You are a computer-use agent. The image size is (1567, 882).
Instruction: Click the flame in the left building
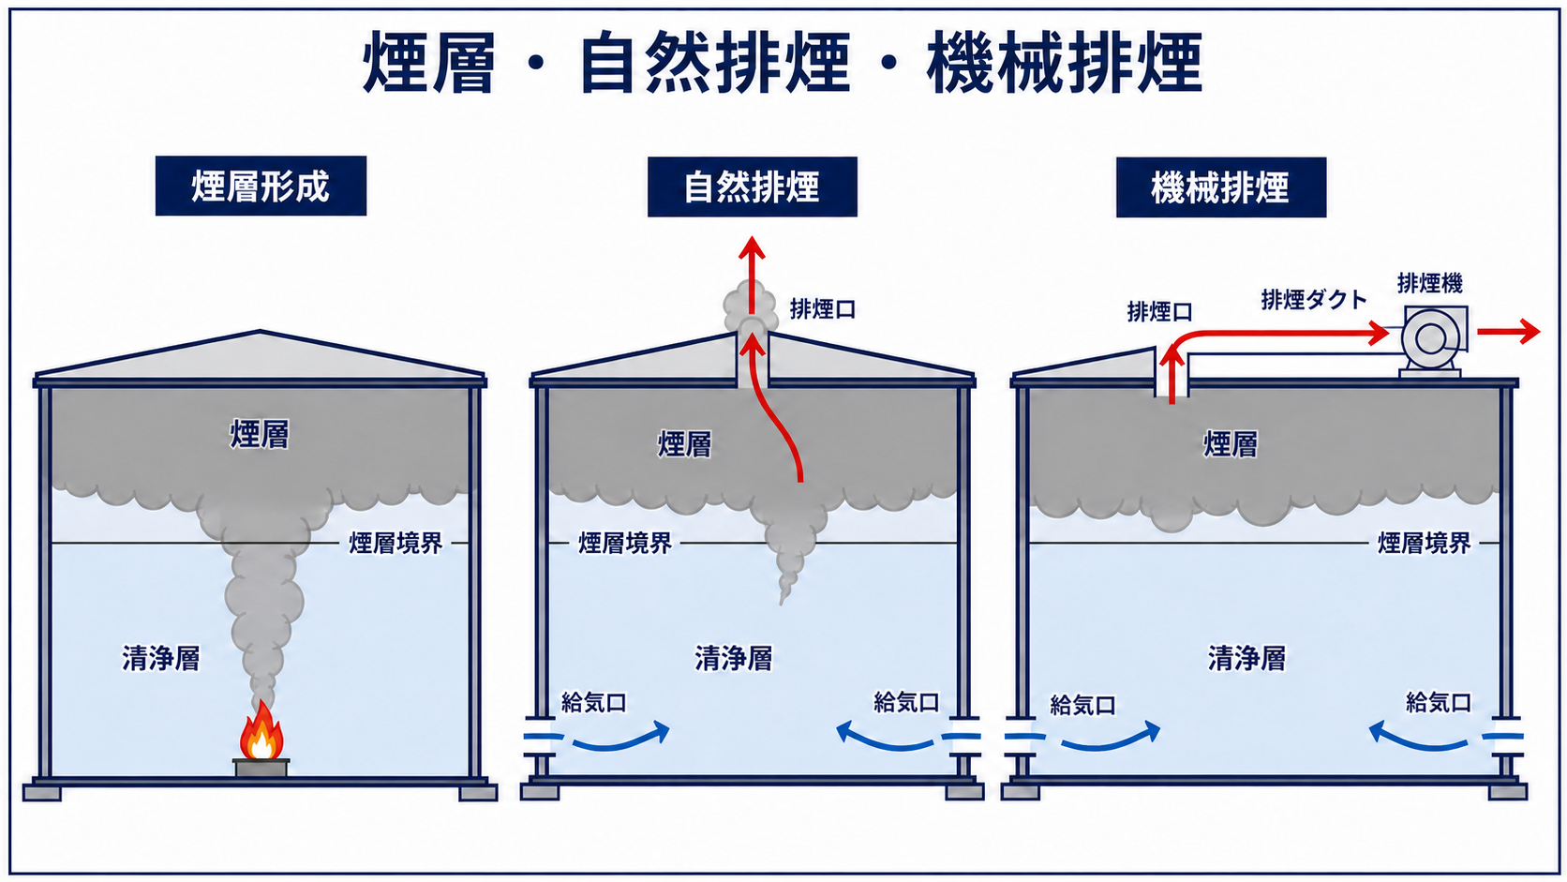(x=261, y=731)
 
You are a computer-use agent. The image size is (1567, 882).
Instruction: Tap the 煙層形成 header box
(x=261, y=186)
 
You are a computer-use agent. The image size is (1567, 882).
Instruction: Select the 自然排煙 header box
(x=752, y=187)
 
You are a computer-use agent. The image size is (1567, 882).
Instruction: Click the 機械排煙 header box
(x=1221, y=187)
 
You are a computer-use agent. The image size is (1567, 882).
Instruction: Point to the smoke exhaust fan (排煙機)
(x=1432, y=340)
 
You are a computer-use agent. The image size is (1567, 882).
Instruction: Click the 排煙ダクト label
(x=1314, y=300)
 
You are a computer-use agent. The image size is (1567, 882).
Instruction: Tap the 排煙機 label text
(x=1430, y=283)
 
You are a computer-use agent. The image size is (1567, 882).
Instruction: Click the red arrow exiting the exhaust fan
(x=1508, y=332)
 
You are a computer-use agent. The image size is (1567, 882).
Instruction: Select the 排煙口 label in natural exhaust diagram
(x=823, y=308)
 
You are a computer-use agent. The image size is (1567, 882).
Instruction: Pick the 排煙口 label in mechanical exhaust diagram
(x=1160, y=312)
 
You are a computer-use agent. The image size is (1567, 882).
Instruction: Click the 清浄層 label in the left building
(x=161, y=658)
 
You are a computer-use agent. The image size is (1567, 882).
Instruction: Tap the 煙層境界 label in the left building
(x=395, y=543)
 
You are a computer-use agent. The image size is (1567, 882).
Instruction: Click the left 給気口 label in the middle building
(x=593, y=702)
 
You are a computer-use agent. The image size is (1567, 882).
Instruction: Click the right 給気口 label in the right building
(x=1439, y=702)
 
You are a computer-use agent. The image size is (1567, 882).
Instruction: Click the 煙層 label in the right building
(x=1231, y=444)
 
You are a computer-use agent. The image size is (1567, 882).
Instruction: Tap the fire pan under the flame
(x=261, y=768)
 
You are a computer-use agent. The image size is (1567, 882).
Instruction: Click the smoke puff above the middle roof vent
(x=751, y=310)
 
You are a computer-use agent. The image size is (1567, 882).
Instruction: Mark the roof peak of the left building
(x=261, y=331)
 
